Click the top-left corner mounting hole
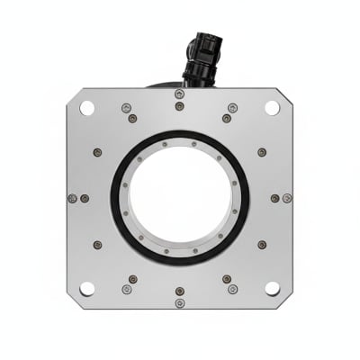point(87,107)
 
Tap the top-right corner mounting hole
point(272,107)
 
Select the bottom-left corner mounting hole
point(87,288)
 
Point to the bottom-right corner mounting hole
point(272,288)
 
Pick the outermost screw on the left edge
point(72,198)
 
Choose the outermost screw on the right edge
point(287,198)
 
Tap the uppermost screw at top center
point(180,94)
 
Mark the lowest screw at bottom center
point(180,303)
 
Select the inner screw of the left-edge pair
point(85,198)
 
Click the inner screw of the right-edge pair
point(274,198)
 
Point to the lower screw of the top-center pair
point(180,106)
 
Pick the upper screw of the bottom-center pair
point(180,291)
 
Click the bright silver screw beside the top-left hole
point(126,108)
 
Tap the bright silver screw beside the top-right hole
point(233,108)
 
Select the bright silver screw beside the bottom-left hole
point(126,289)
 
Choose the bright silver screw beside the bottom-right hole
point(233,289)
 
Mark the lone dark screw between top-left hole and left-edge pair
point(97,152)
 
